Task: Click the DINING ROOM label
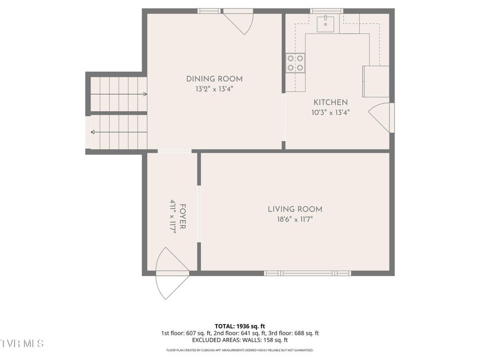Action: pyautogui.click(x=214, y=79)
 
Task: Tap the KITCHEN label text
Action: pyautogui.click(x=330, y=102)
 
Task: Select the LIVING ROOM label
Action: pyautogui.click(x=295, y=209)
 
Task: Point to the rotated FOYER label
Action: pyautogui.click(x=182, y=217)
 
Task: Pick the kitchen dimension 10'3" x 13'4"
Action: pyautogui.click(x=330, y=112)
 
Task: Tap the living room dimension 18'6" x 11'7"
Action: pyautogui.click(x=295, y=219)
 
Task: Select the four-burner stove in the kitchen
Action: pyautogui.click(x=295, y=63)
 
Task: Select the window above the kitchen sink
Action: pyautogui.click(x=326, y=11)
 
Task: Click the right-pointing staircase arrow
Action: pyautogui.click(x=119, y=94)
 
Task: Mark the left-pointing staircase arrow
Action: pyautogui.click(x=119, y=132)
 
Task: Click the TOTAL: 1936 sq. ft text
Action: pyautogui.click(x=240, y=326)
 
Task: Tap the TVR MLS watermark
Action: pyautogui.click(x=22, y=344)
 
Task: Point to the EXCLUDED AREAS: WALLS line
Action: pyautogui.click(x=240, y=340)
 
